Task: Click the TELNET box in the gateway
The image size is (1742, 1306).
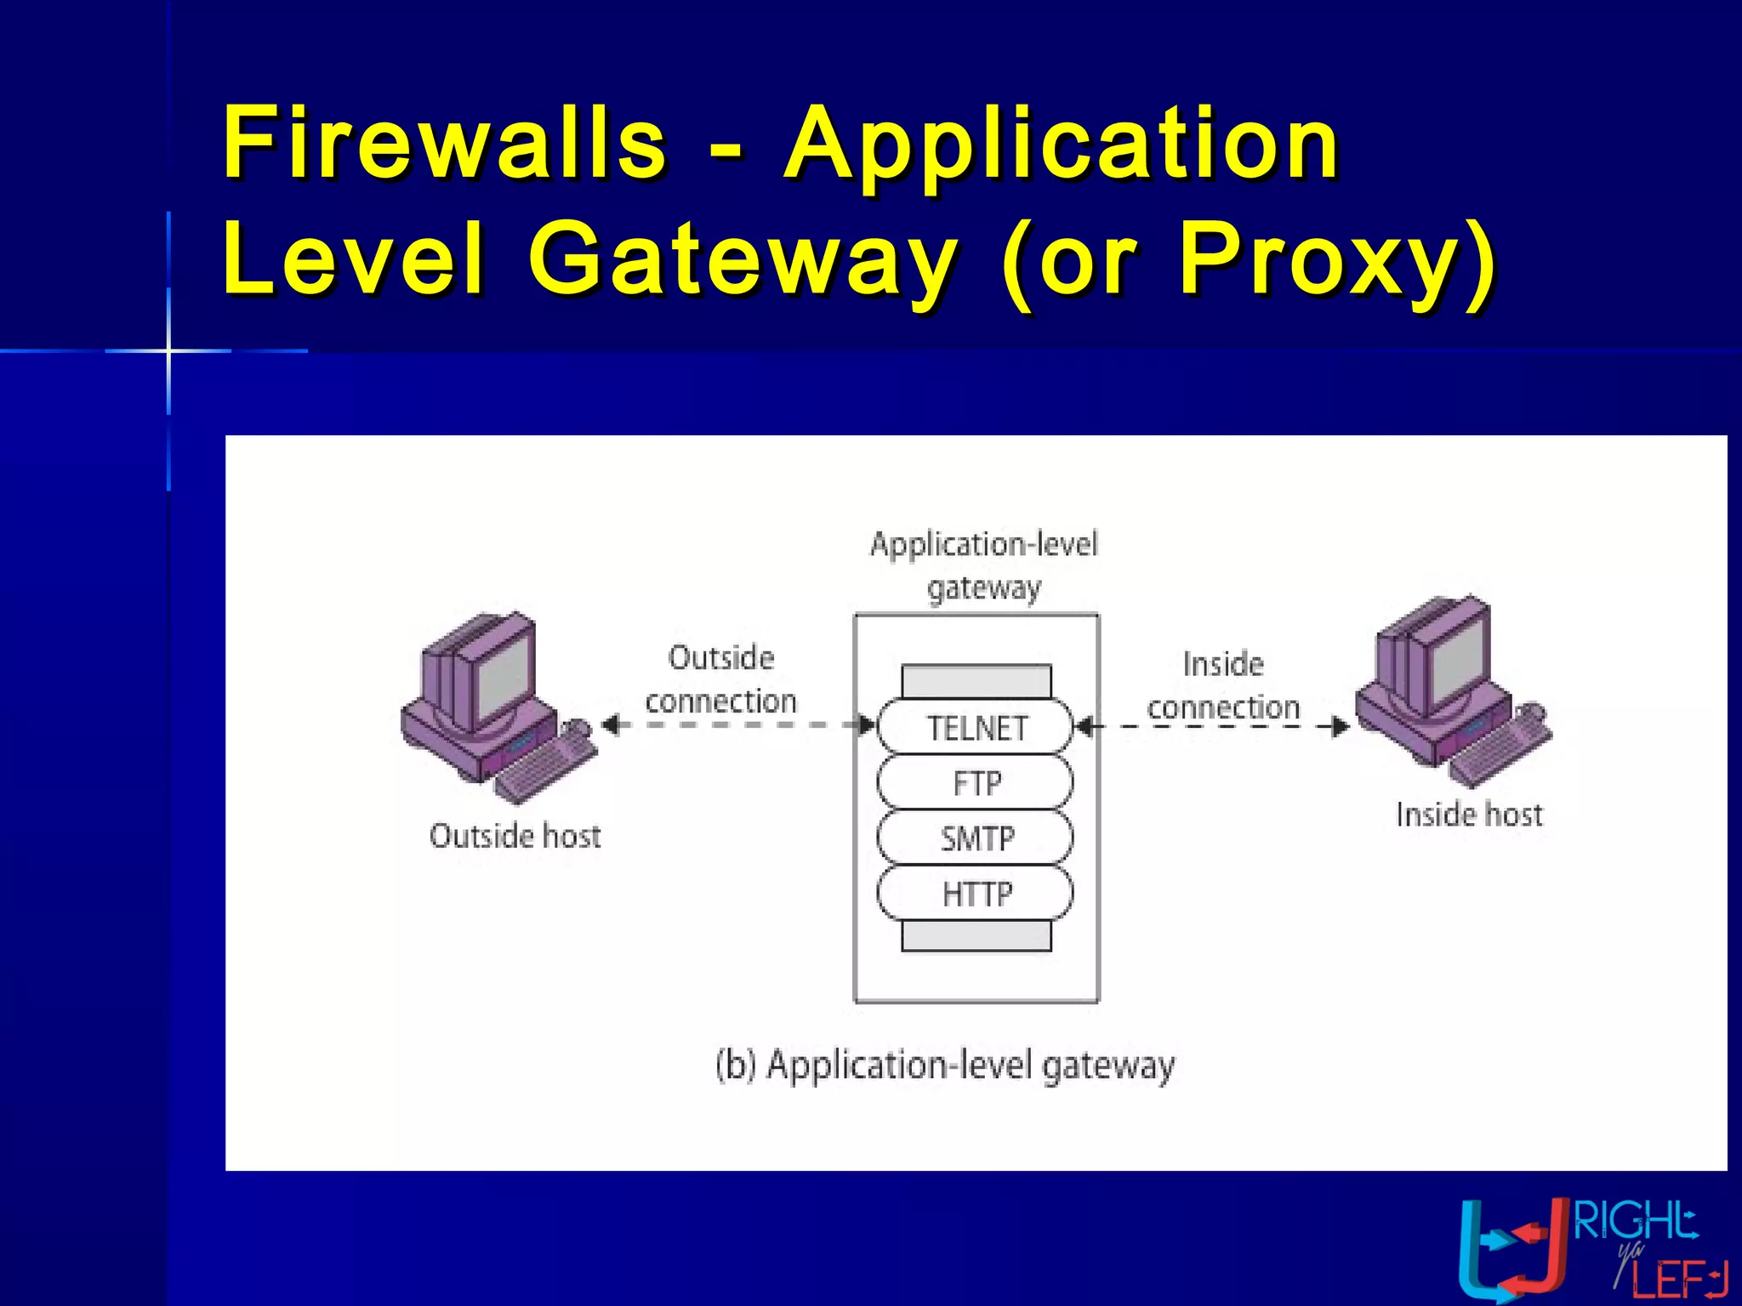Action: tap(976, 728)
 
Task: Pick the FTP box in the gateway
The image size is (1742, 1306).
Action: tap(976, 783)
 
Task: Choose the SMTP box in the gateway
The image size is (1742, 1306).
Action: tap(976, 838)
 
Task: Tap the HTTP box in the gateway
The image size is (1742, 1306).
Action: tap(976, 894)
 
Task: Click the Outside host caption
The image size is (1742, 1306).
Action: tap(515, 836)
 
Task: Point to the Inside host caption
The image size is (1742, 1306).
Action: tap(1469, 815)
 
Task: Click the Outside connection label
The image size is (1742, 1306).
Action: tap(721, 679)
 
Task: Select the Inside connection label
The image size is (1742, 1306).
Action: tap(1223, 685)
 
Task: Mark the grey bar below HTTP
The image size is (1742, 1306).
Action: tap(976, 936)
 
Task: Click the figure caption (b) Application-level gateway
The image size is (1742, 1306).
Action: tap(944, 1065)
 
